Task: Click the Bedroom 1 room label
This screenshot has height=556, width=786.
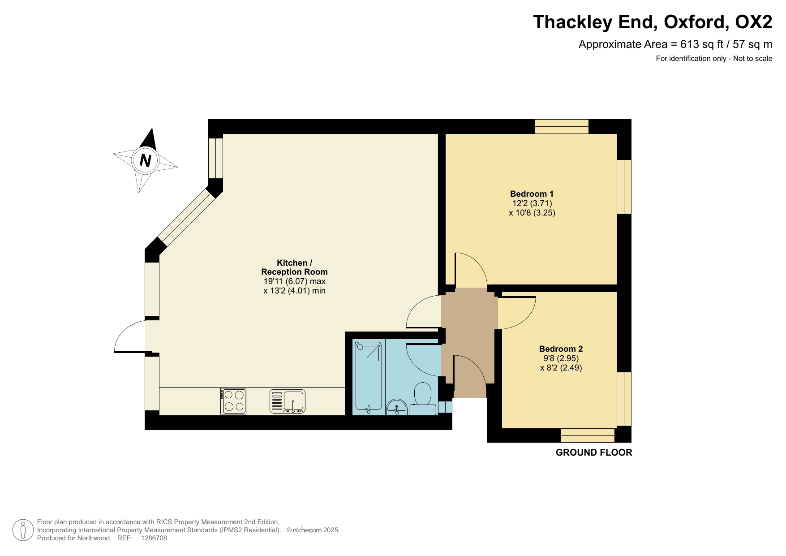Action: pyautogui.click(x=532, y=194)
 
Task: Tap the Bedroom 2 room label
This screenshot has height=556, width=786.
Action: pyautogui.click(x=561, y=349)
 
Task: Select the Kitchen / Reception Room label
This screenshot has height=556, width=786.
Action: pyautogui.click(x=294, y=267)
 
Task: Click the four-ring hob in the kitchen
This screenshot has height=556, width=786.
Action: pyautogui.click(x=233, y=401)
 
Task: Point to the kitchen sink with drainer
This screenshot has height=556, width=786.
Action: pyautogui.click(x=288, y=401)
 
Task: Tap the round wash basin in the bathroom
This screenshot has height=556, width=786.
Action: pyautogui.click(x=396, y=407)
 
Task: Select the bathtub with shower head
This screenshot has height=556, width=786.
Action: pyautogui.click(x=368, y=376)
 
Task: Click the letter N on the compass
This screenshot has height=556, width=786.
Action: pyautogui.click(x=145, y=160)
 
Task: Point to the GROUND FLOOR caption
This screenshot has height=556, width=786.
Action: pyautogui.click(x=594, y=453)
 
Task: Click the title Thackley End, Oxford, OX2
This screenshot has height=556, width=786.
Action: pyautogui.click(x=653, y=22)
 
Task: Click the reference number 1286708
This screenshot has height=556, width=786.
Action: pyautogui.click(x=154, y=538)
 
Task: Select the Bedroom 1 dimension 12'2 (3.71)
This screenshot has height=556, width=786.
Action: pyautogui.click(x=532, y=203)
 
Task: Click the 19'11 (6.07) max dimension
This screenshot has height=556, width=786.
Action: pyautogui.click(x=294, y=281)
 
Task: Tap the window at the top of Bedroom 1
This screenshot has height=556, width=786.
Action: pyautogui.click(x=561, y=127)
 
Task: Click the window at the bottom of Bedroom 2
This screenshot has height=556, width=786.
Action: pyautogui.click(x=587, y=435)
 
